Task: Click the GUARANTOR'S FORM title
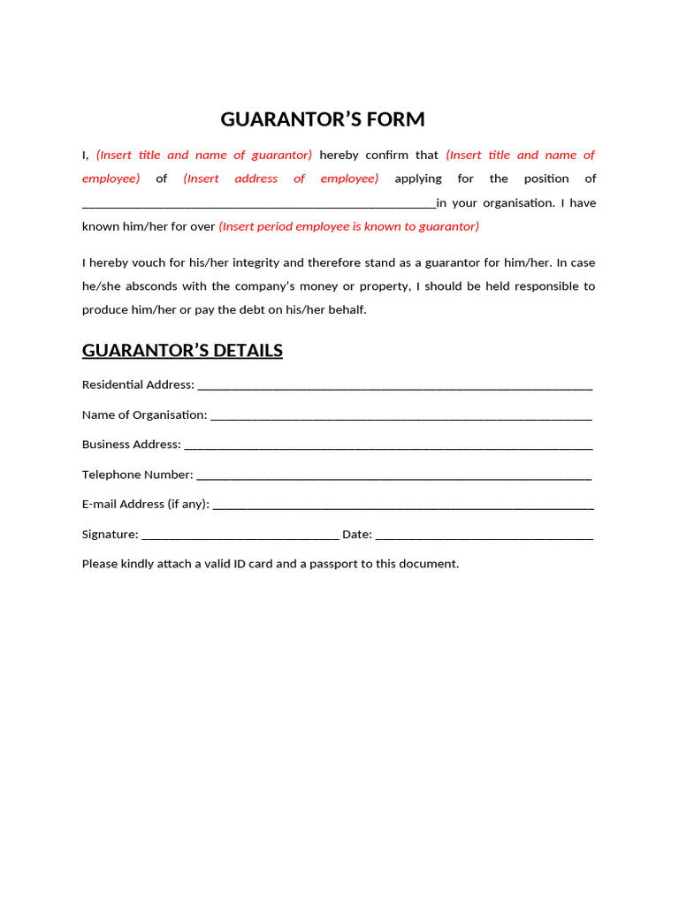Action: point(323,119)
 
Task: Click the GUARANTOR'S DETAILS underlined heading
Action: point(182,351)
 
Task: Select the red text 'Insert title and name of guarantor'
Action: point(204,155)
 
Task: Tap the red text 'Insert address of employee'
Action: point(281,179)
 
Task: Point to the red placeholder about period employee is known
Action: point(349,226)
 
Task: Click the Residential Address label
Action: point(138,384)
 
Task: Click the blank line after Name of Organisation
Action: point(401,415)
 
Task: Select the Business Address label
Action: point(132,445)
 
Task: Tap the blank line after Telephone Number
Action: point(393,475)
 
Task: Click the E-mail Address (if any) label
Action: point(146,504)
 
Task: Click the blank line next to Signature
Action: point(240,536)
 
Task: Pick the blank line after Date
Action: point(484,536)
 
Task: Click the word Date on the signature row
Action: point(356,534)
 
